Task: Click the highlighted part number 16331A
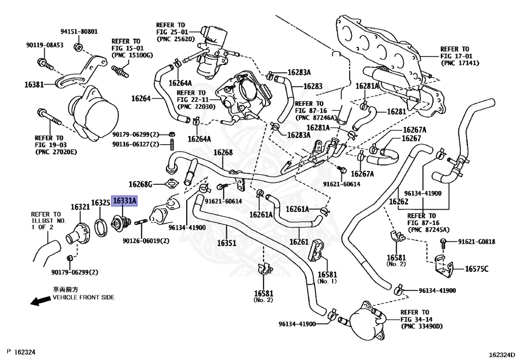pos(124,201)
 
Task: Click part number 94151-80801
pos(79,32)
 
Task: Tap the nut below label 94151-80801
pos(78,47)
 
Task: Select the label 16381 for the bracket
pos(34,85)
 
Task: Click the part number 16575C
pos(476,268)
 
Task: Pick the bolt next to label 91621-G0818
pos(443,244)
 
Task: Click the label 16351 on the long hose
pos(226,243)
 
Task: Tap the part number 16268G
pos(140,184)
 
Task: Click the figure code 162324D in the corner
pos(502,355)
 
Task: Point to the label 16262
pos(398,202)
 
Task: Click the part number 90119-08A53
pos(45,45)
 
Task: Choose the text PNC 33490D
pos(422,326)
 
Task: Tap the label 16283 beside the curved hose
pos(313,86)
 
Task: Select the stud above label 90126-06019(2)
pos(141,222)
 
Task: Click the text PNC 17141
pos(460,63)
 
